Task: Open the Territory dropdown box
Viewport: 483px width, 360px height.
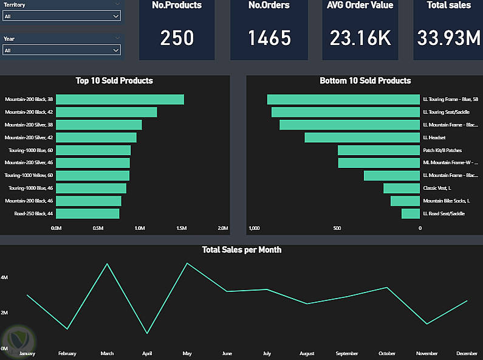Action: click(x=61, y=16)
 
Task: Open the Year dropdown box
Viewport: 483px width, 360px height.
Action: click(x=61, y=50)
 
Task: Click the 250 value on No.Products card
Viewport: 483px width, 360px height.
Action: click(x=177, y=38)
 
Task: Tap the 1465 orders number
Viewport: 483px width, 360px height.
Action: click(x=269, y=38)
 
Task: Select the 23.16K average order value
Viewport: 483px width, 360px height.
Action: click(x=360, y=38)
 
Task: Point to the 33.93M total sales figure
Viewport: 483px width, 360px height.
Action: click(x=448, y=38)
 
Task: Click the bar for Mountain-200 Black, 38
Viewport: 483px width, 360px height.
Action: click(x=120, y=99)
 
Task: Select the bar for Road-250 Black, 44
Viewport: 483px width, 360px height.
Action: click(x=87, y=213)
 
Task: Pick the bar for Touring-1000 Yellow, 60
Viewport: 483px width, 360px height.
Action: click(x=92, y=175)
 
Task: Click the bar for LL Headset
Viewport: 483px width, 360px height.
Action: click(x=362, y=137)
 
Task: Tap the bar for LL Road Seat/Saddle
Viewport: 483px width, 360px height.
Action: click(x=411, y=213)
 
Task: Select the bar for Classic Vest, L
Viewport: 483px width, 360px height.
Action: click(x=402, y=188)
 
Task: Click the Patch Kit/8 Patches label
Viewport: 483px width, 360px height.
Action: click(x=442, y=150)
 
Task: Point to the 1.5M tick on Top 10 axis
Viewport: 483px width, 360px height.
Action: click(x=181, y=229)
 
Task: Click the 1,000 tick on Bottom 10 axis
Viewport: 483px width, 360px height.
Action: click(x=255, y=229)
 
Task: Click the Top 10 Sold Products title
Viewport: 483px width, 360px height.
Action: click(x=114, y=80)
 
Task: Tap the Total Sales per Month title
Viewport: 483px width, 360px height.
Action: click(x=242, y=249)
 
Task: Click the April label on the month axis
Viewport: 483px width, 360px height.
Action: click(x=147, y=353)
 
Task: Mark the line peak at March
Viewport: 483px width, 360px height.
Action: click(x=108, y=264)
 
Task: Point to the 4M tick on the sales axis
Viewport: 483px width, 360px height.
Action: click(x=4, y=277)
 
